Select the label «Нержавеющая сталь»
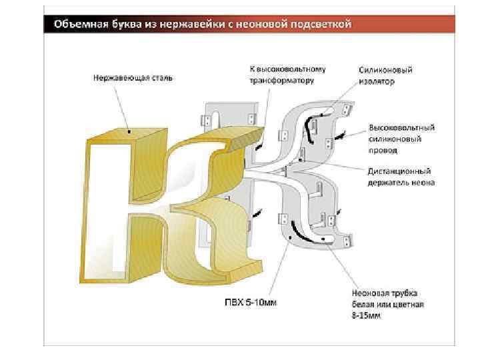point(132,77)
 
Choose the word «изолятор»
point(376,81)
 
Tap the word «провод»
point(381,151)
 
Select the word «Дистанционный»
point(399,171)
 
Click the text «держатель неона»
point(401,182)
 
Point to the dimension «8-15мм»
point(366,315)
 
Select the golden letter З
point(213,200)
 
